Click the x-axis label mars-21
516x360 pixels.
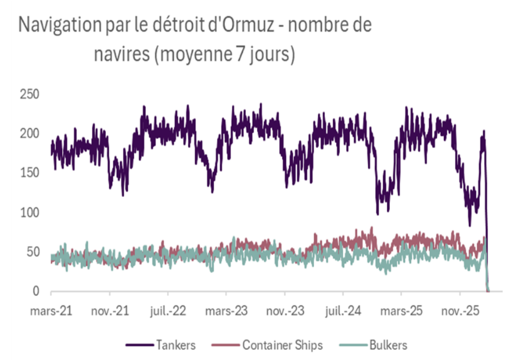[52, 310]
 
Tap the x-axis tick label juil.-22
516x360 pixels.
[168, 310]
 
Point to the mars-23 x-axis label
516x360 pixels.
[226, 310]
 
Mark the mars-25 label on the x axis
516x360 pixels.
[401, 310]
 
